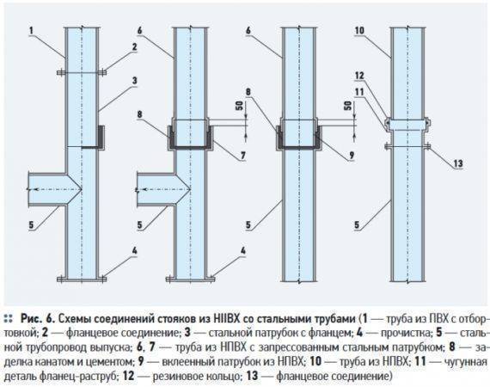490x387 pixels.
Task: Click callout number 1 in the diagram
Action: click(x=31, y=31)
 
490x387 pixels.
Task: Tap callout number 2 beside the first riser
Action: click(x=134, y=47)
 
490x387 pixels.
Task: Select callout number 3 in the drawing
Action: click(x=134, y=81)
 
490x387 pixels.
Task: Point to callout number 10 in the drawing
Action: click(x=359, y=31)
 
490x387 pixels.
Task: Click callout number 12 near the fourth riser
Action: click(x=359, y=76)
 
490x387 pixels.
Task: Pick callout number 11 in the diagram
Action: click(x=359, y=92)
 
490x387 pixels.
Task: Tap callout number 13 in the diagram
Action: click(x=458, y=163)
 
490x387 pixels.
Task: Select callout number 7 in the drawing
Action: click(x=243, y=155)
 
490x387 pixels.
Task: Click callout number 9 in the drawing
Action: click(x=352, y=155)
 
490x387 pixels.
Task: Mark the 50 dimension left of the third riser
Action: click(x=239, y=106)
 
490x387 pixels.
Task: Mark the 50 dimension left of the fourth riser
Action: click(x=348, y=106)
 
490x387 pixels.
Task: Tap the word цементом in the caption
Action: click(x=107, y=362)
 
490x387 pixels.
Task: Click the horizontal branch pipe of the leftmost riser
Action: click(x=47, y=189)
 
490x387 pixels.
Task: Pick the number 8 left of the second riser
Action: click(x=139, y=114)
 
